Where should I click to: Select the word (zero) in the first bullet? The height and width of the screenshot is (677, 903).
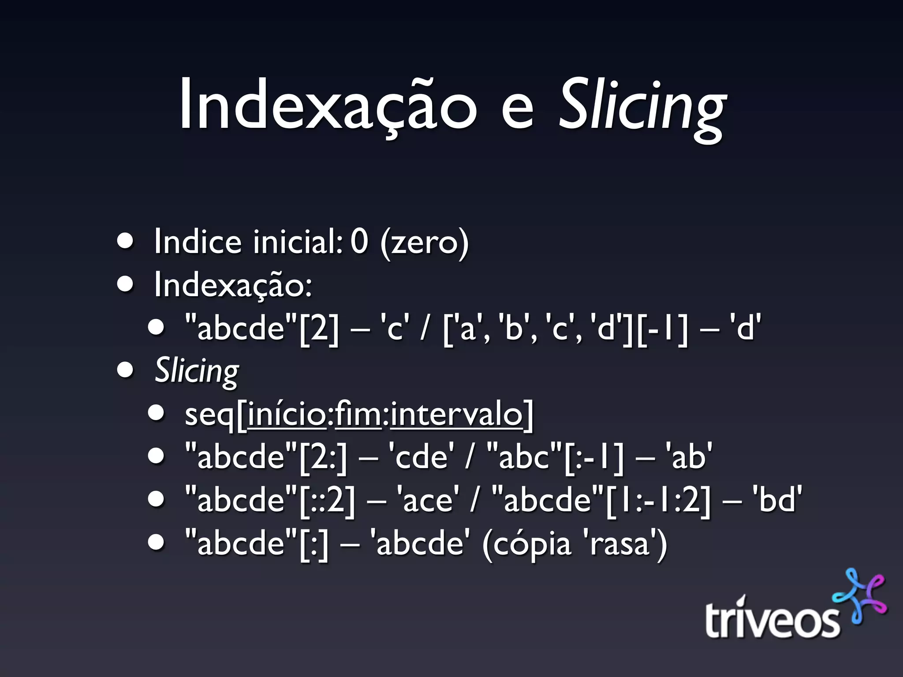424,242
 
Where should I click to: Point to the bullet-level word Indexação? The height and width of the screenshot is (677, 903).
233,285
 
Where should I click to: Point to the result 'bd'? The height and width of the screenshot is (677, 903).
777,500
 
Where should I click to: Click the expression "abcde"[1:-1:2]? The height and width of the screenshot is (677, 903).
601,500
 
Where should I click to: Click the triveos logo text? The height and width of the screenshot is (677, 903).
772,619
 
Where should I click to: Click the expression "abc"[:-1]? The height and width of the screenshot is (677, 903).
556,457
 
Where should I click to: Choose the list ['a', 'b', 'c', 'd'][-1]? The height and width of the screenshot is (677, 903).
565,328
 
